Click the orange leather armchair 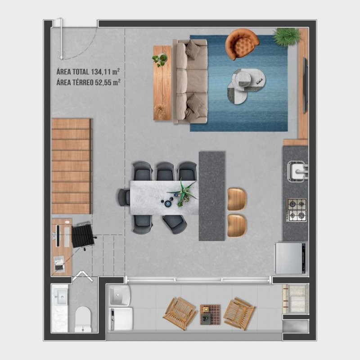[x=242, y=45]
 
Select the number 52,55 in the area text [x=103, y=82]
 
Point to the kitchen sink [x=298, y=171]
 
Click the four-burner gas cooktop [x=297, y=210]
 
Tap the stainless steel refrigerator [x=290, y=258]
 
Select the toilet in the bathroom [x=83, y=319]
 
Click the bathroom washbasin [x=60, y=297]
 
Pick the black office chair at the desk [x=83, y=236]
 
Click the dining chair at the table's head [x=124, y=198]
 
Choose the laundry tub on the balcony [x=119, y=296]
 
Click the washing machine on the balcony [x=121, y=319]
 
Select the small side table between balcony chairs [x=210, y=315]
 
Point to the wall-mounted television [x=305, y=85]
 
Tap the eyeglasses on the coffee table [x=260, y=81]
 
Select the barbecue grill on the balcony [x=295, y=299]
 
